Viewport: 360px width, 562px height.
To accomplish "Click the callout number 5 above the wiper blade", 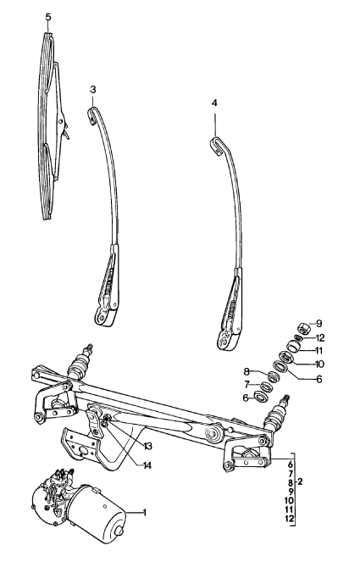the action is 48,17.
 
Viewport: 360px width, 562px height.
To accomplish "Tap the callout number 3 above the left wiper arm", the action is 93,89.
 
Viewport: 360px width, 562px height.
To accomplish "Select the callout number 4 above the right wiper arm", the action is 214,103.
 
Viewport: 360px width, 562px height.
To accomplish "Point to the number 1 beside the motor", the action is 145,513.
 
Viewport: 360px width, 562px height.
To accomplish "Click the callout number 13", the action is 147,447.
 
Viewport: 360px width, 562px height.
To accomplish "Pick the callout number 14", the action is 147,465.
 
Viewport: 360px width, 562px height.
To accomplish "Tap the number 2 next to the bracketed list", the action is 300,481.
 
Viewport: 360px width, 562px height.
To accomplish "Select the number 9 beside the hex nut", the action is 318,324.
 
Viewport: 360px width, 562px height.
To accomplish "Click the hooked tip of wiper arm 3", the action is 92,115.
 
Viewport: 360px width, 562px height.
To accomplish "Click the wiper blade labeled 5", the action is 50,125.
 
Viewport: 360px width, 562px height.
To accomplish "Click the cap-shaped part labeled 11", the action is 294,347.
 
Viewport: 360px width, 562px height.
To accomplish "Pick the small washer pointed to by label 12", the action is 297,337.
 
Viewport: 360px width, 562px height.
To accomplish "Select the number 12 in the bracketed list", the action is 290,518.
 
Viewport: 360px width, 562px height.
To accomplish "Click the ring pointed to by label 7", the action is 266,387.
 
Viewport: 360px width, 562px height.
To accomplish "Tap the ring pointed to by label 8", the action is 274,377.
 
